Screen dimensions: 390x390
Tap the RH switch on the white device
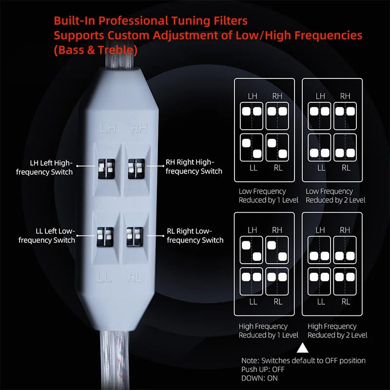click(x=134, y=168)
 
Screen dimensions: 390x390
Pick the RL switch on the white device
click(x=133, y=236)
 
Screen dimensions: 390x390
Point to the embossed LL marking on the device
click(x=105, y=278)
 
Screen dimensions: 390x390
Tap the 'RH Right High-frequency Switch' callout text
click(x=194, y=167)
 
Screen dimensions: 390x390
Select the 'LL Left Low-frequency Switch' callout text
click(x=47, y=235)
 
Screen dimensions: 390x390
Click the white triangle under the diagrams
click(x=303, y=348)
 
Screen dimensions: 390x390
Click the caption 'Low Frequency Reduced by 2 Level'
click(x=335, y=195)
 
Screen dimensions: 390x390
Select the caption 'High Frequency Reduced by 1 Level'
click(x=268, y=331)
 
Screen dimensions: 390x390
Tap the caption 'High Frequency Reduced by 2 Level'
click(x=337, y=331)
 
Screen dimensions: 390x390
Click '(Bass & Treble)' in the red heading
click(x=96, y=50)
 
